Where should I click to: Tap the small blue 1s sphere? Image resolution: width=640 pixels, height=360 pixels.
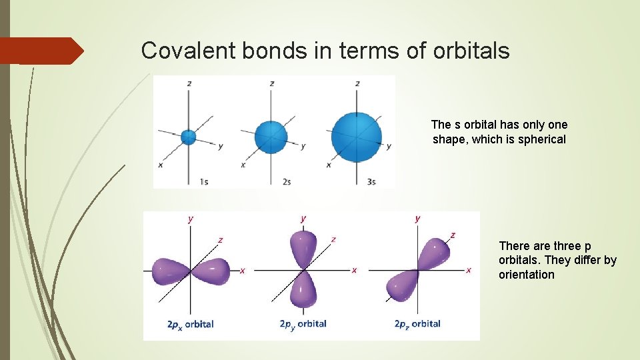coord(189,137)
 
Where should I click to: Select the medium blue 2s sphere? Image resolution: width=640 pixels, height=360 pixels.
coord(271,138)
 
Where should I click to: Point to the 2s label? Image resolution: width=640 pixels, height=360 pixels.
coord(286,181)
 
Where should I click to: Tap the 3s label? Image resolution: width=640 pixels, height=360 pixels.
coord(371,181)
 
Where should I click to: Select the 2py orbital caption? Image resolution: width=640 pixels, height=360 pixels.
coord(303,324)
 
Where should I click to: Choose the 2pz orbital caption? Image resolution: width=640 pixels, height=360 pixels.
coord(417,324)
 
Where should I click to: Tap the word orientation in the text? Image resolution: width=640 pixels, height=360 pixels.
coord(526,275)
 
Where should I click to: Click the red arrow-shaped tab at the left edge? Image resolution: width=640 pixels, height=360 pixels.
coord(40,51)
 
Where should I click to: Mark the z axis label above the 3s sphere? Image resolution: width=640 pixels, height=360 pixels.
coord(358,83)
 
